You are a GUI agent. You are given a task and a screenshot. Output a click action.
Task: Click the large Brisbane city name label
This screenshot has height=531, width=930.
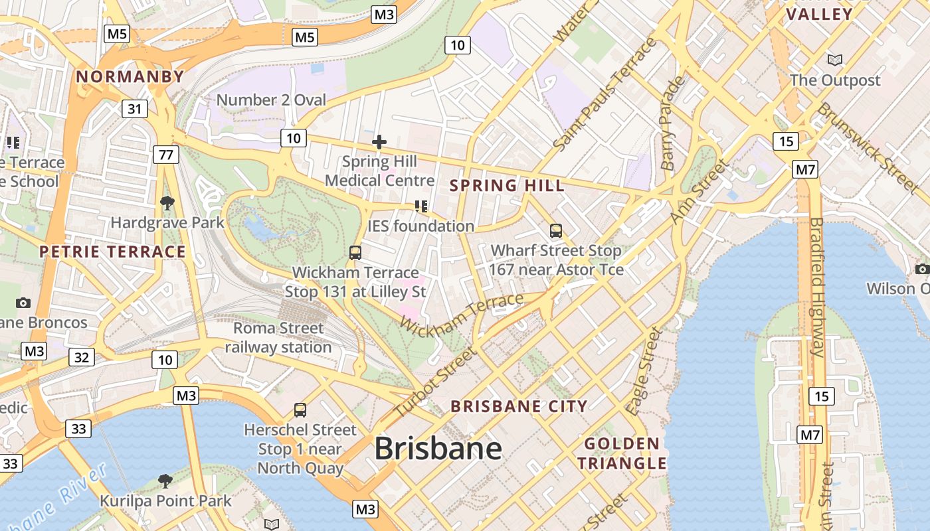(438, 449)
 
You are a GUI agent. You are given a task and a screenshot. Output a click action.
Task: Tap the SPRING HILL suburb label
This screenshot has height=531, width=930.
(508, 185)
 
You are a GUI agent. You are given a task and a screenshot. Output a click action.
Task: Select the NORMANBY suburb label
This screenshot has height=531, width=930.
(130, 76)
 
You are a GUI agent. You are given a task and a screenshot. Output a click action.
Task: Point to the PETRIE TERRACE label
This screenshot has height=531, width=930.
(112, 252)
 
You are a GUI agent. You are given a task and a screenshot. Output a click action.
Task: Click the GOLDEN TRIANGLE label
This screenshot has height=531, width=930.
(622, 453)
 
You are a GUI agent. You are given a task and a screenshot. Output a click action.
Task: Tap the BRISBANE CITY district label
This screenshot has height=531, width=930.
(519, 406)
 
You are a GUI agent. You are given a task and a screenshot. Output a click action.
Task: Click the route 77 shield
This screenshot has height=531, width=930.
(165, 155)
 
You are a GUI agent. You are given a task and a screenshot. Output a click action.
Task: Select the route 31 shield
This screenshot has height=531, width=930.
(135, 109)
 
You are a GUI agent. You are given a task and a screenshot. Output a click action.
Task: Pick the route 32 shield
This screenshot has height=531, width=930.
(81, 358)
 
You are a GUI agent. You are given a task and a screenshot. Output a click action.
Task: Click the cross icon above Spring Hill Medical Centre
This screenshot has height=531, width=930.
(379, 142)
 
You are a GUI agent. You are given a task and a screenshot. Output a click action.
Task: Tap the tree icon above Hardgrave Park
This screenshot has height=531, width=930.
(167, 202)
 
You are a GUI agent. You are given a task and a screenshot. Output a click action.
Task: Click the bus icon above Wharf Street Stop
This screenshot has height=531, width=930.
(556, 231)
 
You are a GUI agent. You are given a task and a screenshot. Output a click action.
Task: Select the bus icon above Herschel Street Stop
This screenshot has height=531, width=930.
(300, 410)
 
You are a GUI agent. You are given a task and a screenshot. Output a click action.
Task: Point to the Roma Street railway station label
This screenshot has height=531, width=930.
(278, 337)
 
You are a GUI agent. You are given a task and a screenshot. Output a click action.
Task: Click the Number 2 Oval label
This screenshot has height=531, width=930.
(272, 100)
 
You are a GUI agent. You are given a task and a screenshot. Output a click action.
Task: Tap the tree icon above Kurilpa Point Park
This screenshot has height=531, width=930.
(165, 481)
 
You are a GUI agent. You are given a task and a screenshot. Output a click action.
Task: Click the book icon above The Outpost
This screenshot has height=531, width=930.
(835, 60)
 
